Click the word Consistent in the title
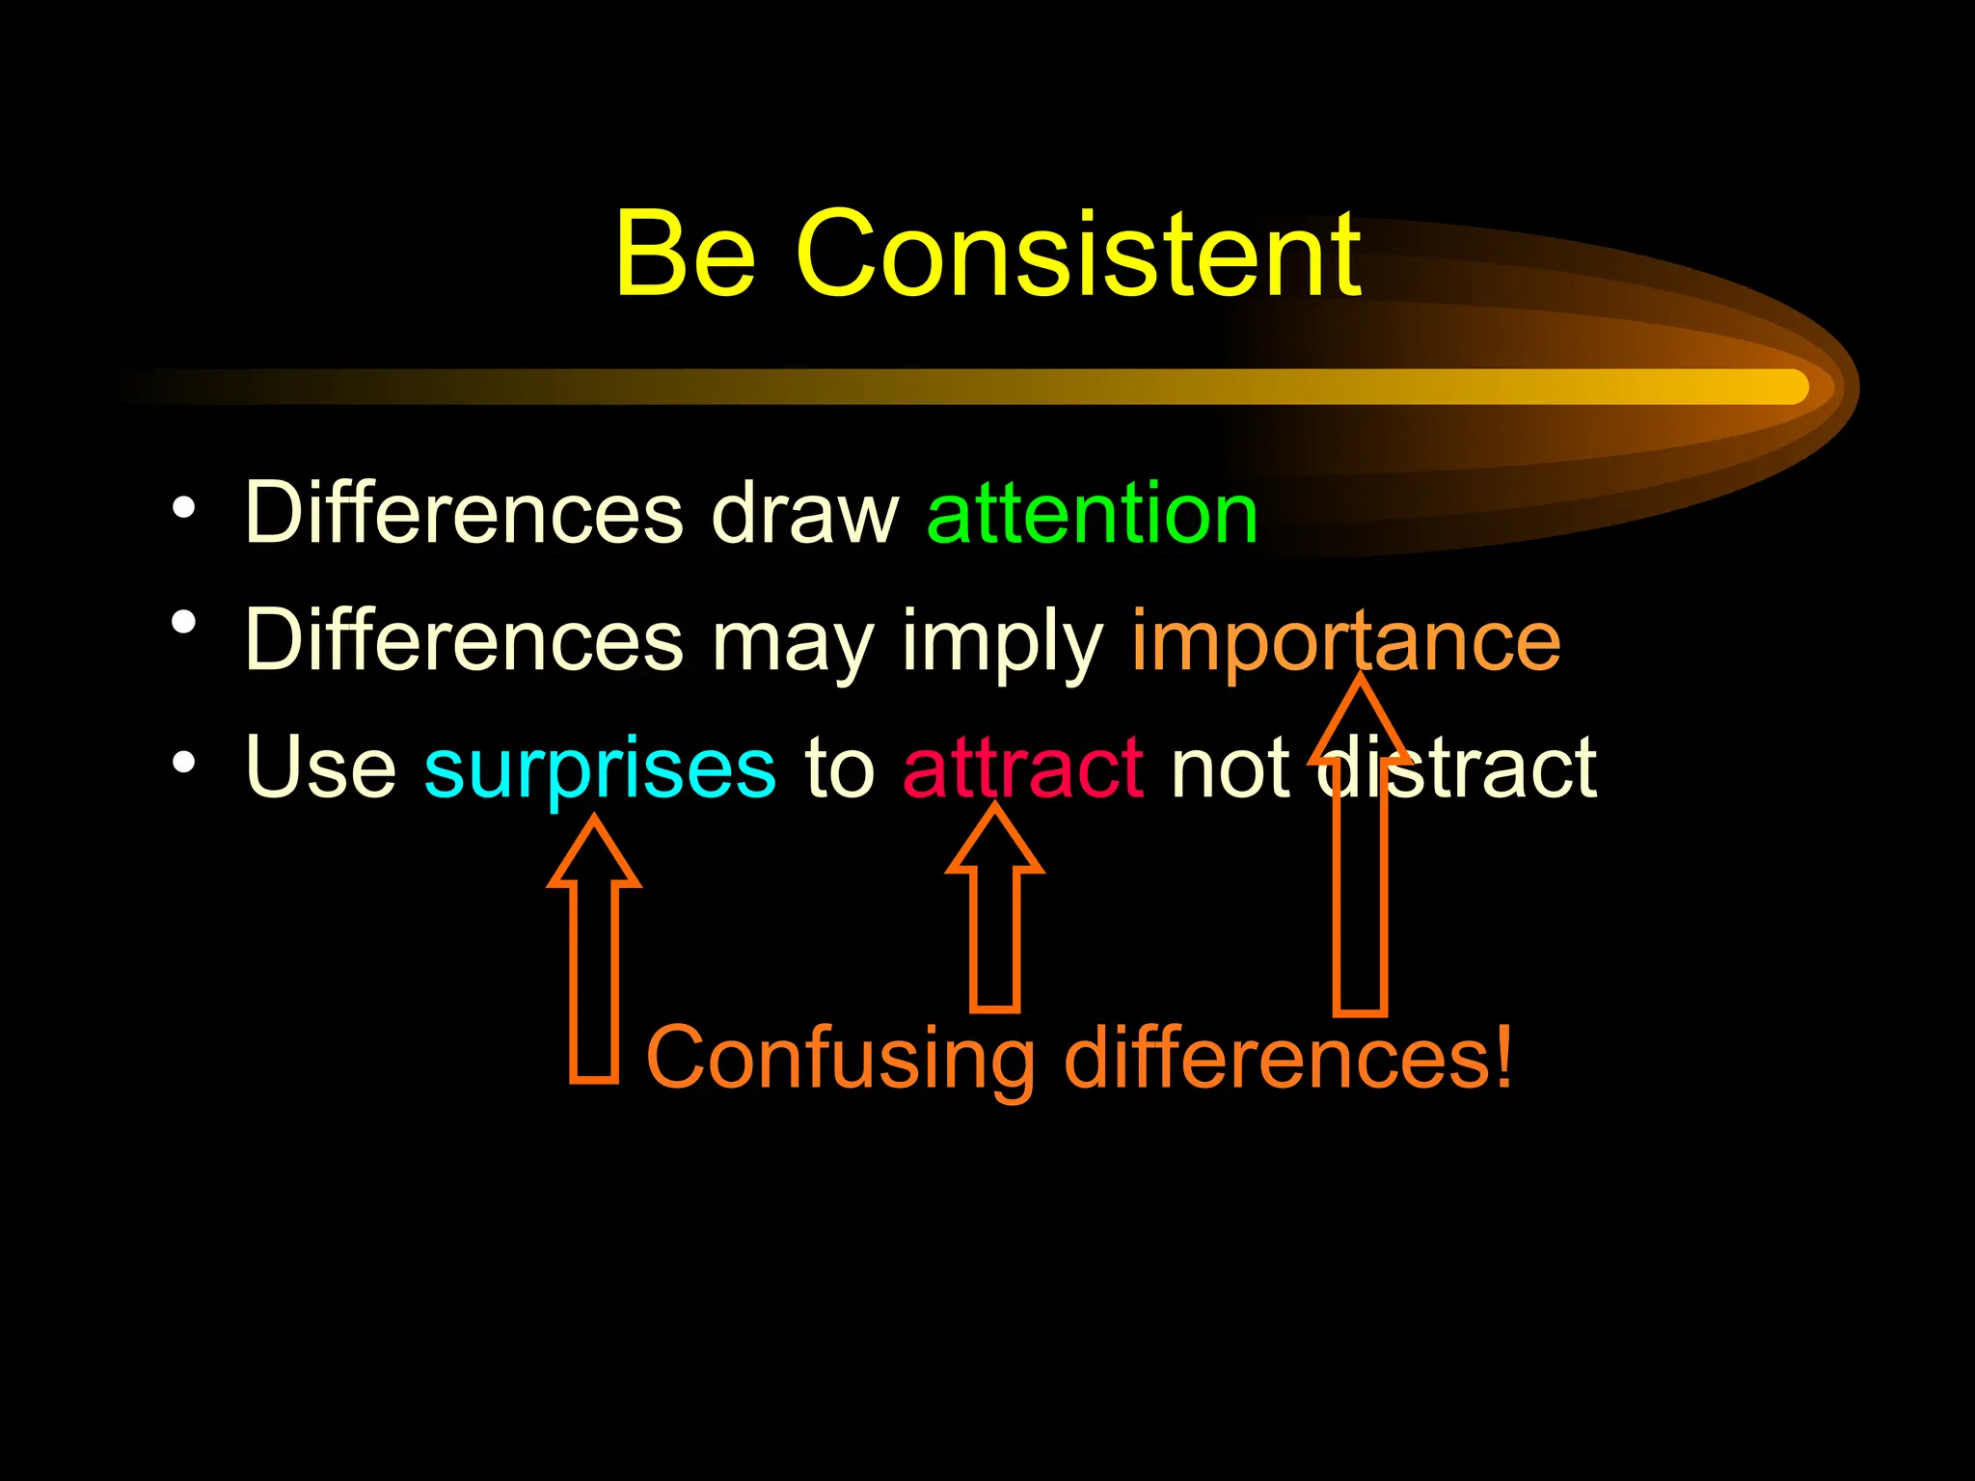pos(1078,255)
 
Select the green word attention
pos(1092,513)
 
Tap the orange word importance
pos(1345,641)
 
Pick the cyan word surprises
pos(600,769)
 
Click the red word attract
pos(1023,767)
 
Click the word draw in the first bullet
pos(804,513)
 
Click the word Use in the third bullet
pos(320,767)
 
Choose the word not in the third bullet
pos(1231,767)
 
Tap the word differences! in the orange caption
pos(1288,1057)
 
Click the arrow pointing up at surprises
pos(593,955)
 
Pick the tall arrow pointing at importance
pos(1360,868)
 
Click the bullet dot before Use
pos(183,764)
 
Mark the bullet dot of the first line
pos(183,507)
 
